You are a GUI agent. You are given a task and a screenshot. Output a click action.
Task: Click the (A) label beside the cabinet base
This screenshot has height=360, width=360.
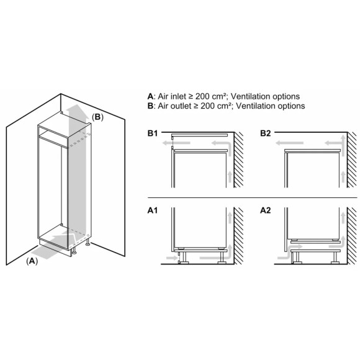click(32, 262)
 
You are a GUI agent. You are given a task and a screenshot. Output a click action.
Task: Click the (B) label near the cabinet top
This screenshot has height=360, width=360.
click(97, 117)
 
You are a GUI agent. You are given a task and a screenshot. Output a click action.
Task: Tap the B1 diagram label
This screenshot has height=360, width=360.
click(154, 133)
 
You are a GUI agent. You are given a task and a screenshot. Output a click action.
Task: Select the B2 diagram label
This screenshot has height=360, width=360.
click(266, 133)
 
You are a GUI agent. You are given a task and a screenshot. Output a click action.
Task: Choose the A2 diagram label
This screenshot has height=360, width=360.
click(266, 210)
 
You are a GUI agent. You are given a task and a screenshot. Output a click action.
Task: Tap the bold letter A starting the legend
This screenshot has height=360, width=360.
click(150, 96)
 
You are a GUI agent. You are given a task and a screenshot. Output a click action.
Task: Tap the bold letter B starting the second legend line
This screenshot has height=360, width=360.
click(150, 106)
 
